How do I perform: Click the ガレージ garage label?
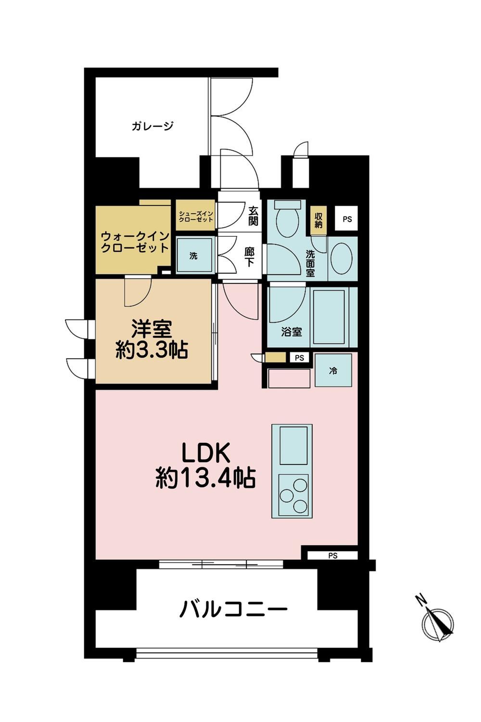coord(152,126)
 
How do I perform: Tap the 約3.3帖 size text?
coord(152,350)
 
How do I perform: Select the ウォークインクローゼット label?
coord(135,243)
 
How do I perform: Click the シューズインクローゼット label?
coord(196,216)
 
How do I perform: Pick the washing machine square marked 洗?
coord(194,256)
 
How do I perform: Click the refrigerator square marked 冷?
coord(333,371)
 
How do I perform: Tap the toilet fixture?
coord(288,217)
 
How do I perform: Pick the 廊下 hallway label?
coord(249,258)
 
